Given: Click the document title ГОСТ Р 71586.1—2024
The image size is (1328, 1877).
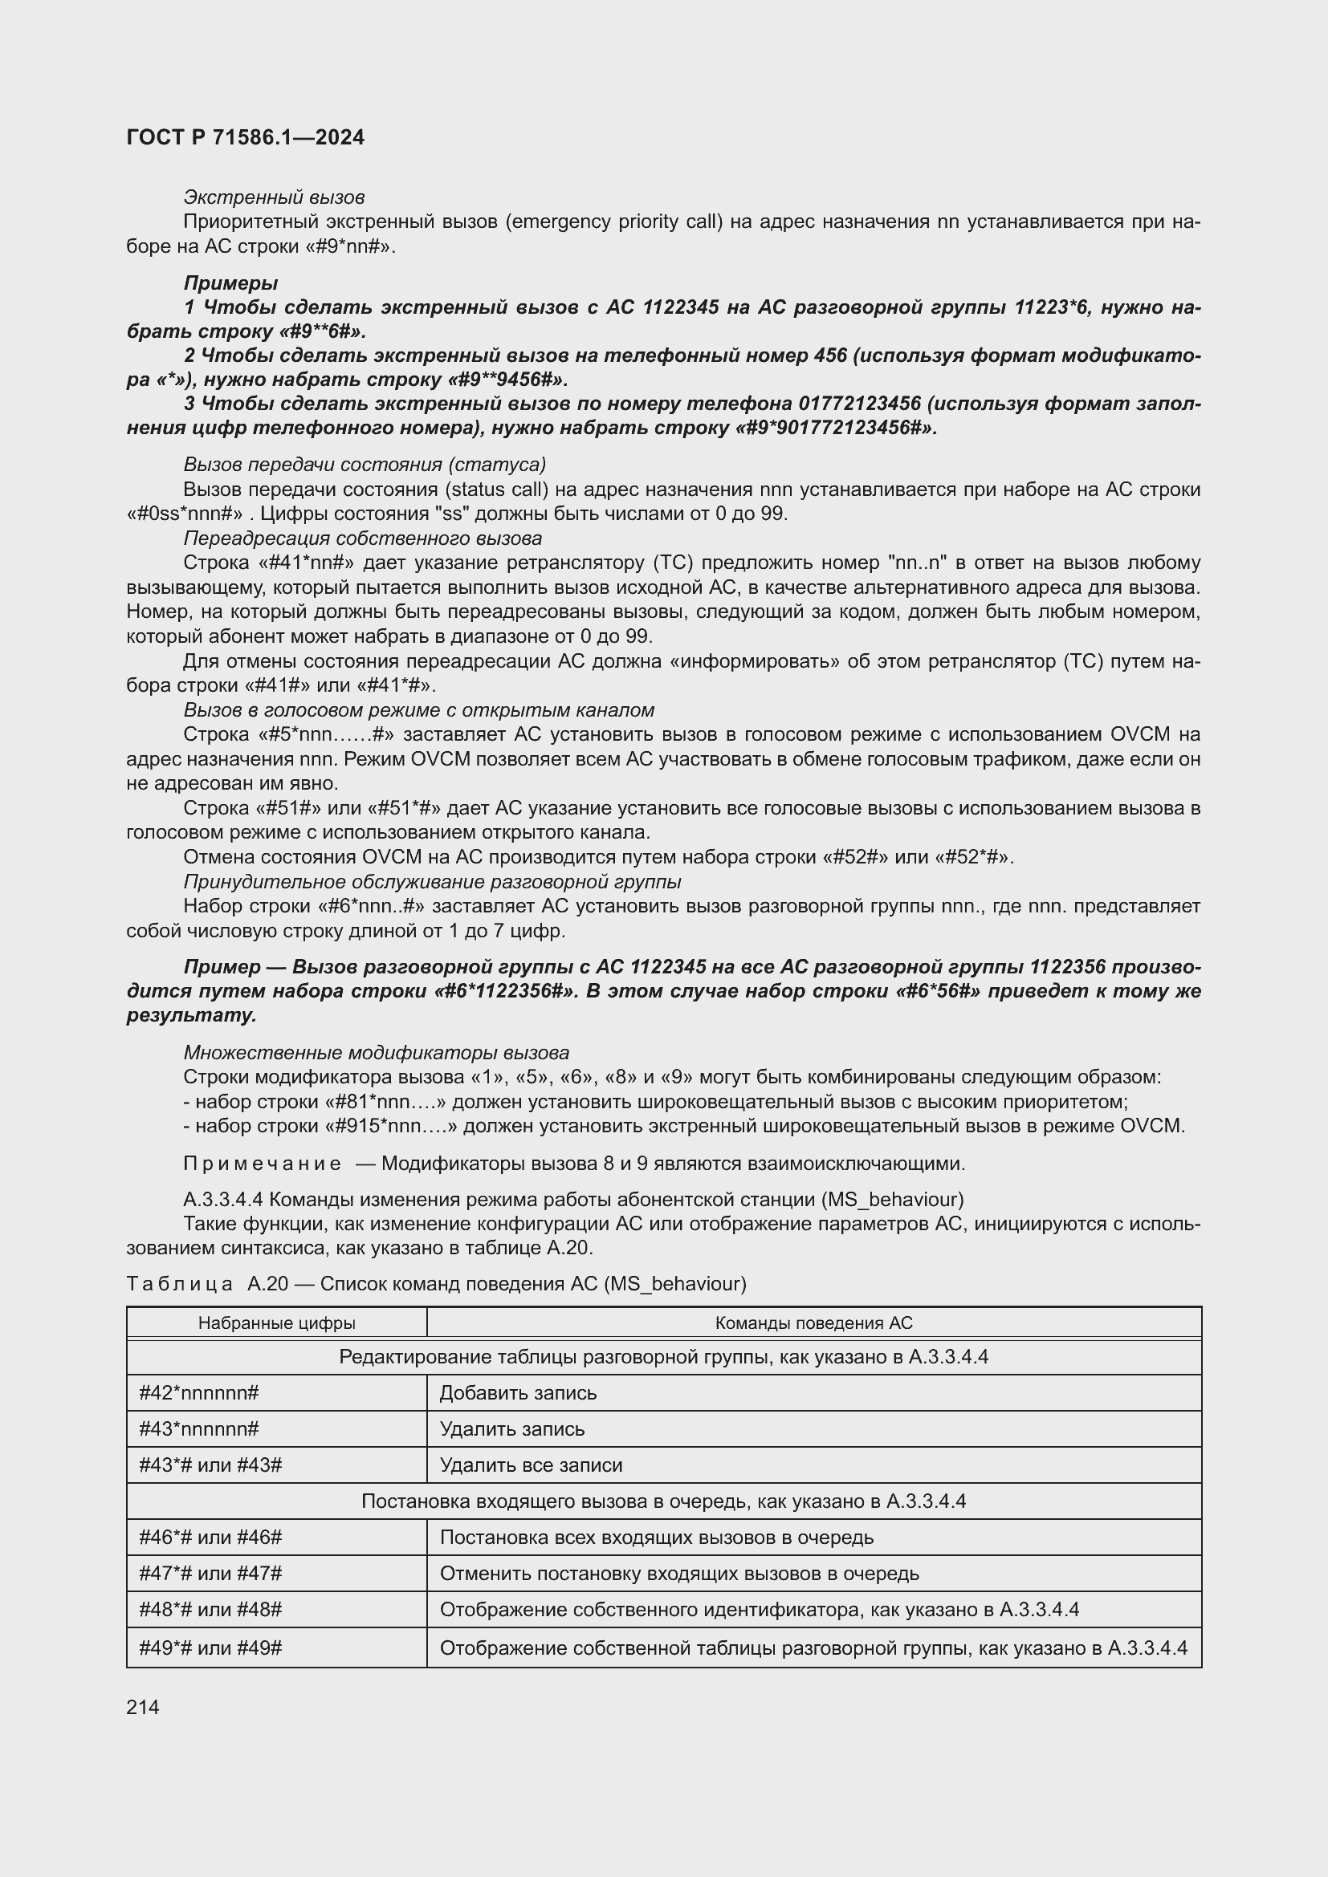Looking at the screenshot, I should point(246,137).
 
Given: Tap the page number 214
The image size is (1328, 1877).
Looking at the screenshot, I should point(143,1707).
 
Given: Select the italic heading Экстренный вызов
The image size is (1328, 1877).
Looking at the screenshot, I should point(273,197).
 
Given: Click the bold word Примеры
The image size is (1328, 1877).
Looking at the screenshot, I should point(230,282).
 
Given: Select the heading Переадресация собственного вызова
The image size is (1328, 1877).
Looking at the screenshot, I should point(362,538).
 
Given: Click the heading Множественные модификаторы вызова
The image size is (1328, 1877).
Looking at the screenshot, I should point(376,1052).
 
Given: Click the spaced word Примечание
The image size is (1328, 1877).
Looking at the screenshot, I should point(262,1164).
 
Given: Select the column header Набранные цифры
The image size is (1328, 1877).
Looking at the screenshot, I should point(276,1322).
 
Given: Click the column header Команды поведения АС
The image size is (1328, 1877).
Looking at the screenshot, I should point(813,1322).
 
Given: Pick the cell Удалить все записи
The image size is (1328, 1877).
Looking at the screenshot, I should point(531,1465).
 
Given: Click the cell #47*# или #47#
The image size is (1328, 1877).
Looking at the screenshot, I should point(210,1574).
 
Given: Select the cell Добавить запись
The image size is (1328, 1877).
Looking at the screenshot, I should point(518,1392).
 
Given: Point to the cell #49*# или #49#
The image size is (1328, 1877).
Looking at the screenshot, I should point(210,1647).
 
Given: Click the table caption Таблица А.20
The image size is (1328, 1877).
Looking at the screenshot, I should point(207,1283).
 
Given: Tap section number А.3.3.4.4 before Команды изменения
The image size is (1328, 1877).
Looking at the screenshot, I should point(222,1199).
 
